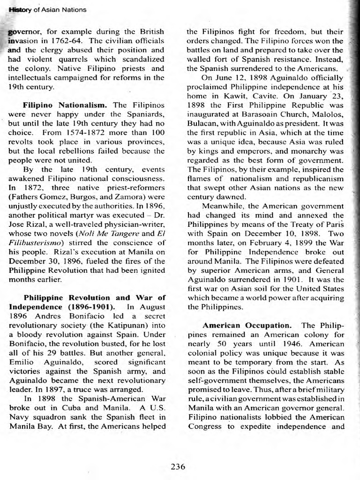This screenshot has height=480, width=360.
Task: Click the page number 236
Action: point(178,466)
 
